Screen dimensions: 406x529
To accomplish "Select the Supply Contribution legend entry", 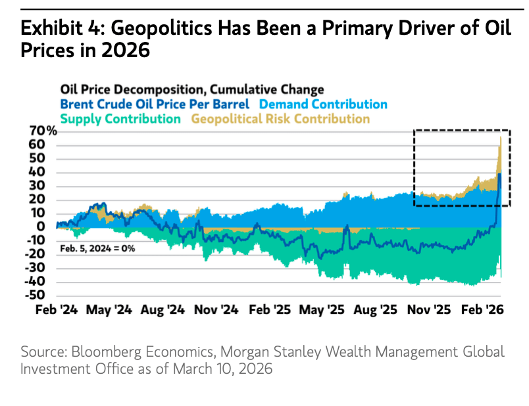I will [120, 119].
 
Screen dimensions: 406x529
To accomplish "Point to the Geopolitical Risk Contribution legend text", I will [280, 119].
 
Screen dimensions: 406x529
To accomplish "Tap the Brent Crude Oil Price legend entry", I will [155, 104].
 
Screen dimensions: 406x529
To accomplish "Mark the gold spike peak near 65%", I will [501, 137].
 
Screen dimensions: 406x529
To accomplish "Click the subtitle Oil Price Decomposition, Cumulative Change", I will [192, 89].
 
